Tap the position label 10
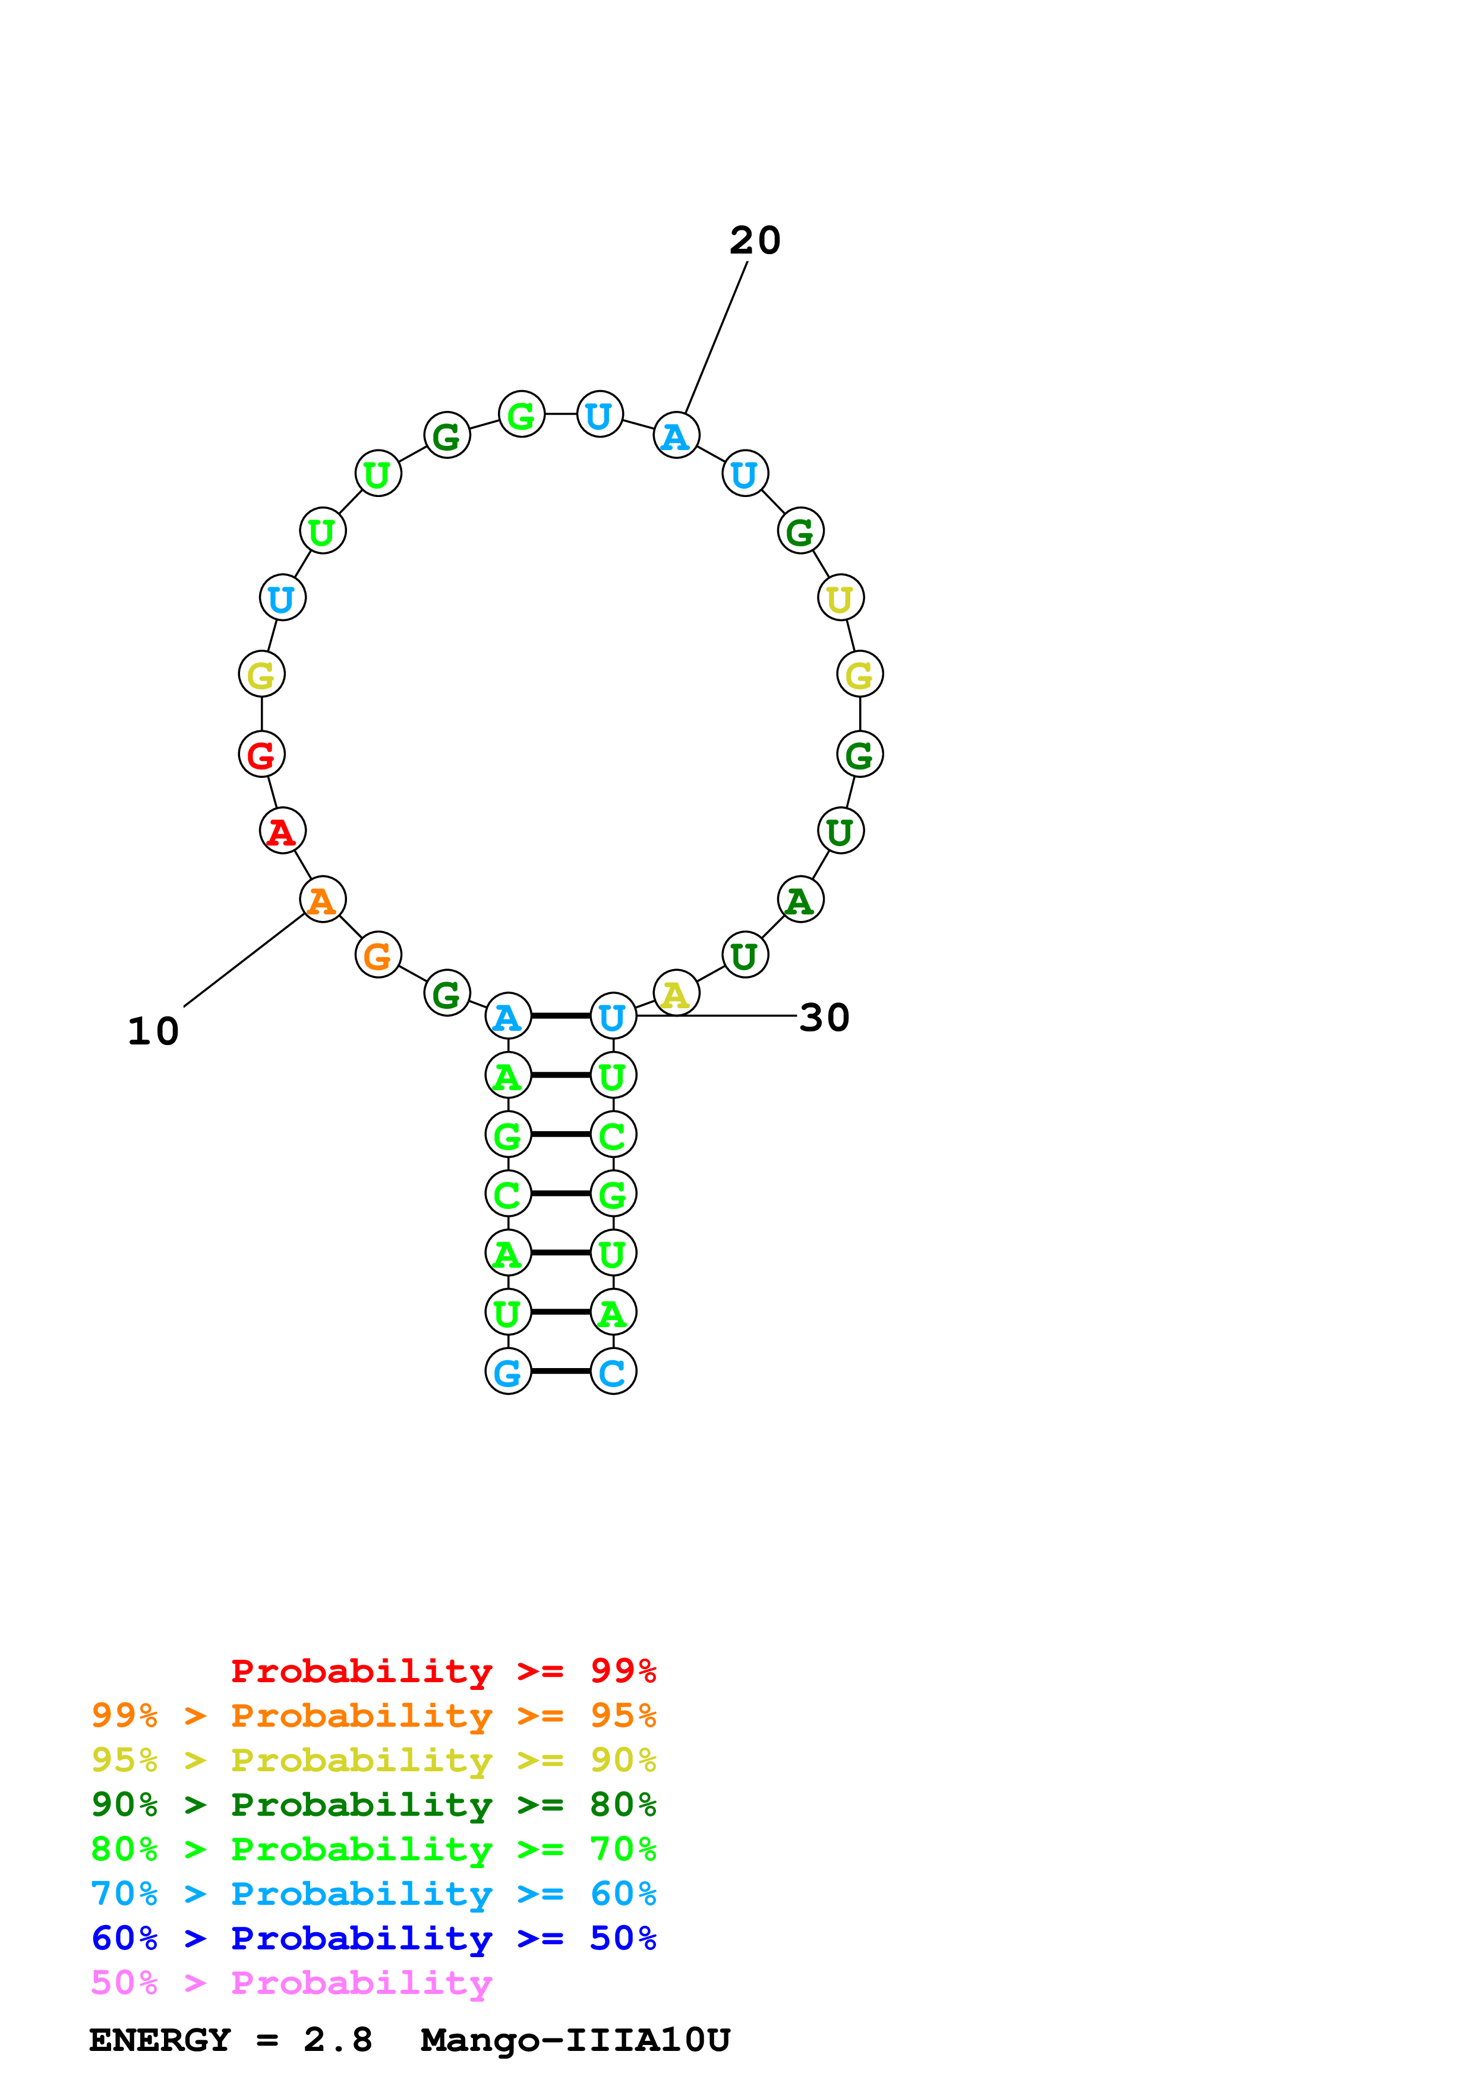pyautogui.click(x=153, y=1031)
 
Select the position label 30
pyautogui.click(x=824, y=1018)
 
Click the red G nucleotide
pyautogui.click(x=261, y=755)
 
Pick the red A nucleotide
pyautogui.click(x=282, y=831)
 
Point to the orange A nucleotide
pyautogui.click(x=322, y=900)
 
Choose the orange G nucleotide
pyautogui.click(x=377, y=955)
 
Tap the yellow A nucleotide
pyautogui.click(x=676, y=995)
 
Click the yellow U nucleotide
pyautogui.click(x=840, y=598)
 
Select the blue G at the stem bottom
pyautogui.click(x=508, y=1372)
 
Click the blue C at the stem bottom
pyautogui.click(x=614, y=1372)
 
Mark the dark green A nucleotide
pyautogui.click(x=800, y=900)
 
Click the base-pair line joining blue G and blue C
pyautogui.click(x=561, y=1372)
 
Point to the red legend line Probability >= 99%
pyautogui.click(x=443, y=1671)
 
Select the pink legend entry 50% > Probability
pyautogui.click(x=291, y=1983)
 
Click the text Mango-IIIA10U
pyautogui.click(x=575, y=2040)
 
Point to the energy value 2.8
pyautogui.click(x=338, y=2040)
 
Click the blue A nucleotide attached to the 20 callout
pyautogui.click(x=676, y=435)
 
